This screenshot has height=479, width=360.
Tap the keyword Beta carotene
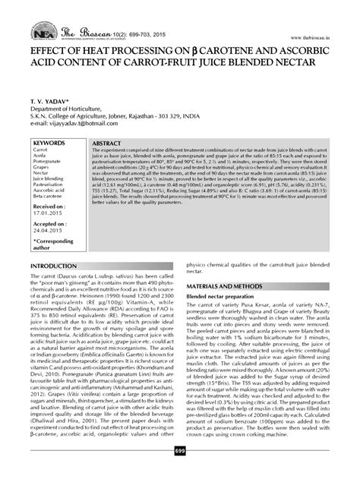[x=50, y=198]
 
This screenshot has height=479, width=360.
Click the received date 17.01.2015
[x=47, y=213]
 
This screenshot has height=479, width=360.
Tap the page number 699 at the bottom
[x=180, y=473]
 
